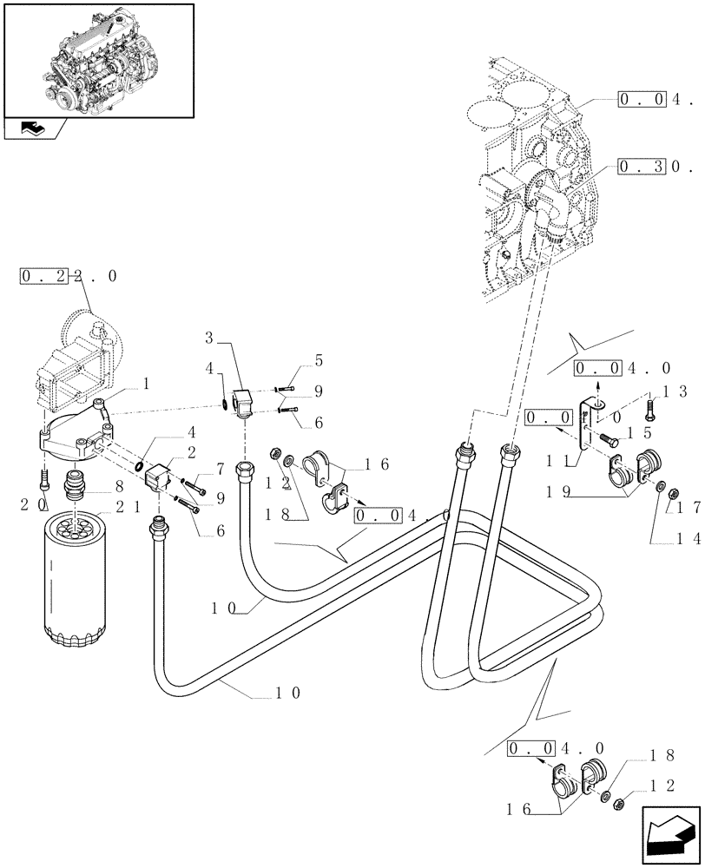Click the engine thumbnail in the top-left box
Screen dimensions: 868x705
pos(97,58)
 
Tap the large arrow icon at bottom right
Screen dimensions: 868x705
pos(671,834)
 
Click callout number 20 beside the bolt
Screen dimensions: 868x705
pos(30,503)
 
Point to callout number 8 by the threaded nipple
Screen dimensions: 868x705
pos(116,489)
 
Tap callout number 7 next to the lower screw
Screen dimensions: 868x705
pos(221,469)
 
